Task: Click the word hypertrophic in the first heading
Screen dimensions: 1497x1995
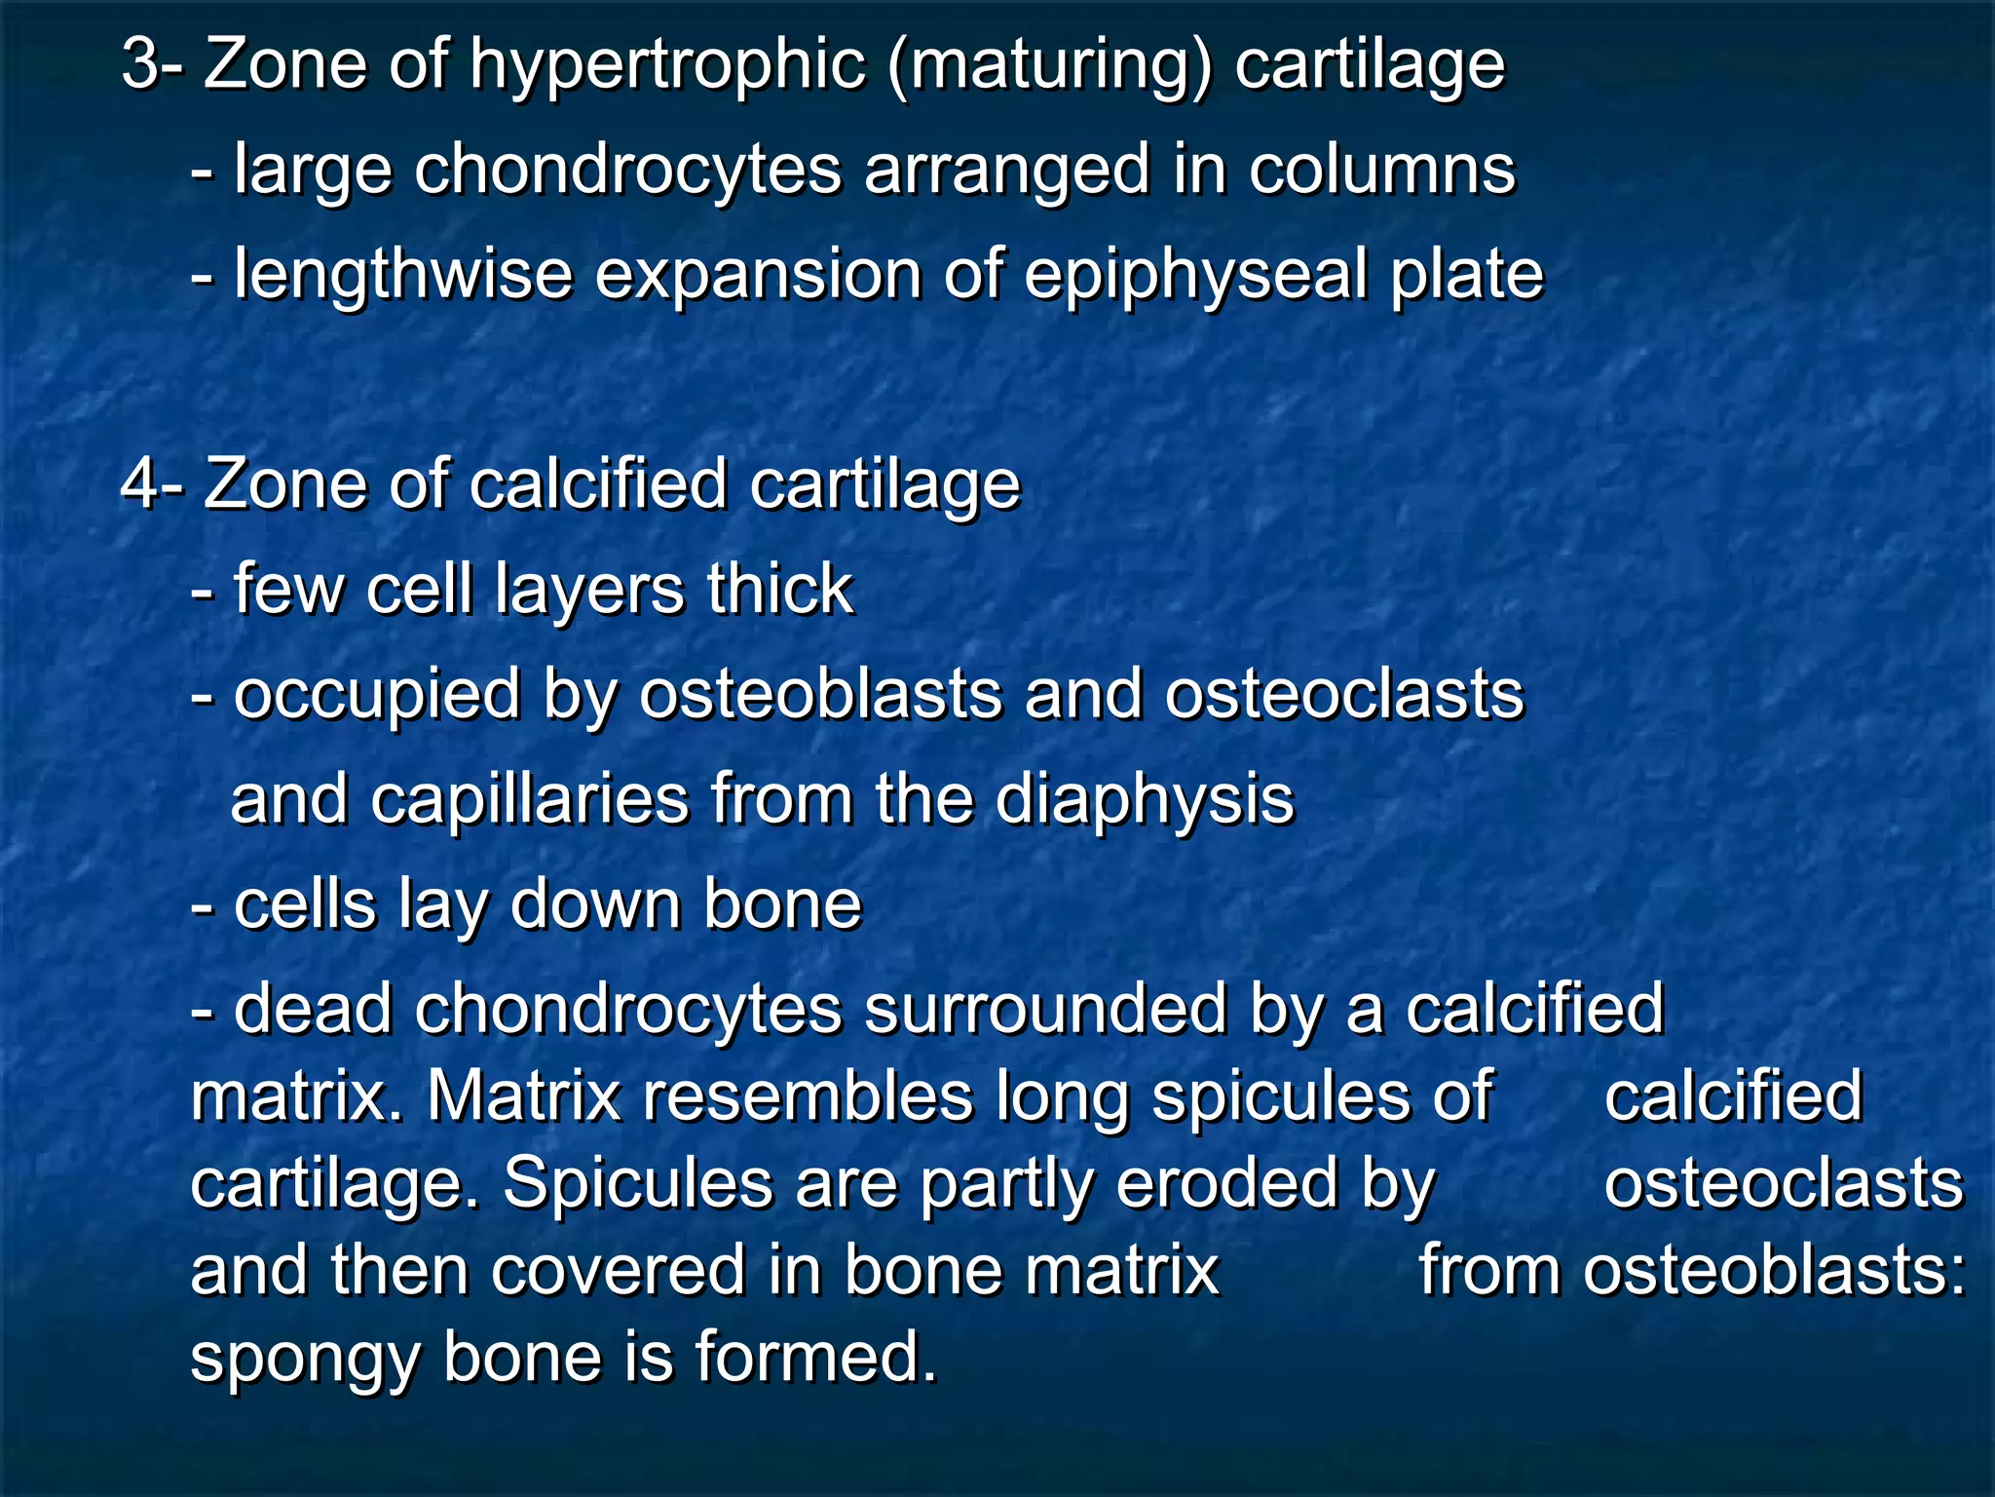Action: click(666, 66)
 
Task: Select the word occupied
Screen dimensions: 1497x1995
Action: click(376, 696)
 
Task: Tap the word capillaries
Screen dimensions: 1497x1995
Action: click(530, 800)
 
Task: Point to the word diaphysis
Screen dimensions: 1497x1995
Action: click(1145, 800)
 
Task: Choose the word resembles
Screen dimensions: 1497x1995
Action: click(808, 1096)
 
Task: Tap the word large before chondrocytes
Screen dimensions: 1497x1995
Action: click(313, 171)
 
